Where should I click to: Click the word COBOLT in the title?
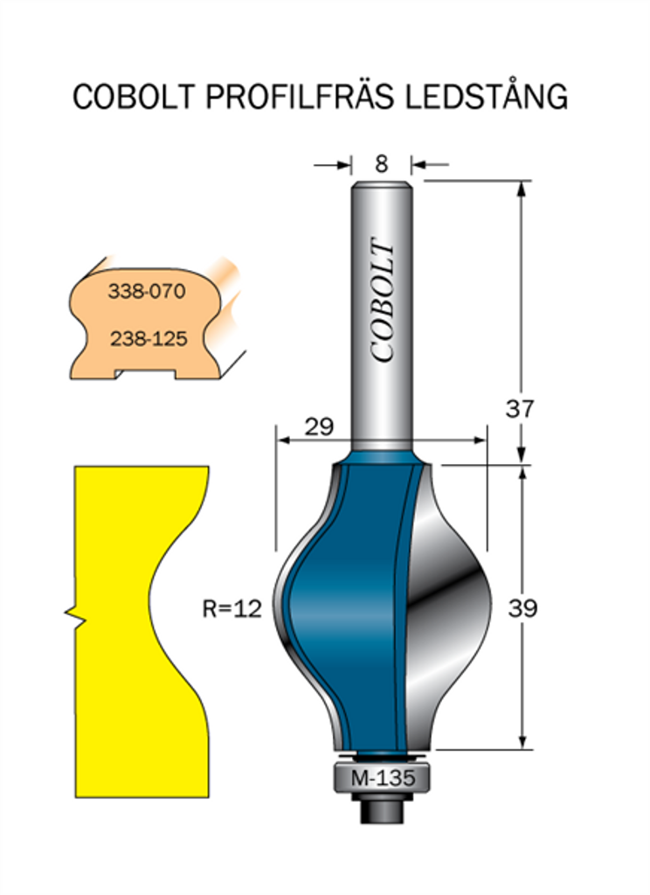tap(135, 96)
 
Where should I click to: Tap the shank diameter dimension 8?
tap(381, 164)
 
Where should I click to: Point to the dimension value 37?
tap(519, 409)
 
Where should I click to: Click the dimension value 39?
tap(522, 608)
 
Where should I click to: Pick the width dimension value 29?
tap(318, 427)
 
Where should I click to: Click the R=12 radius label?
tap(232, 608)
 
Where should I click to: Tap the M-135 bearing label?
tap(383, 778)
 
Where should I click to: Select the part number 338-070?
tap(147, 291)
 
